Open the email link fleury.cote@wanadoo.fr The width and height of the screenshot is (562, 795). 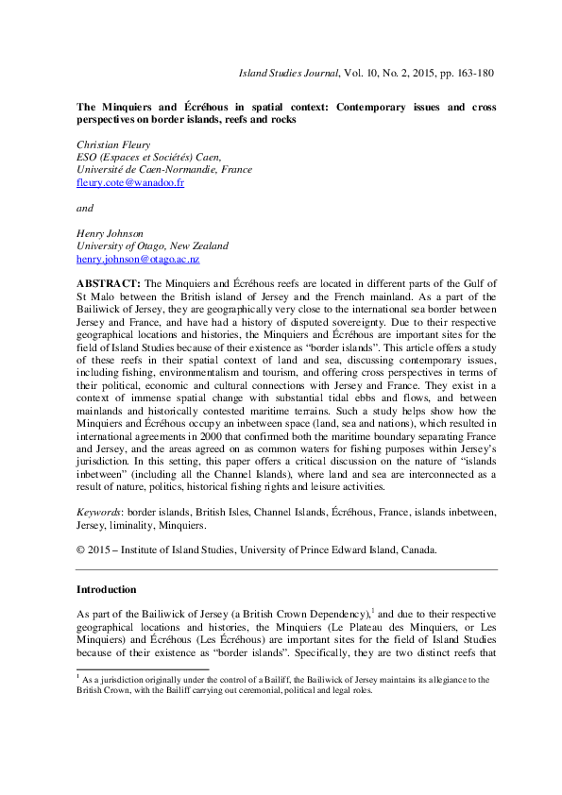click(x=129, y=182)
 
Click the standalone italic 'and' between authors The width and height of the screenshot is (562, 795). click(x=84, y=208)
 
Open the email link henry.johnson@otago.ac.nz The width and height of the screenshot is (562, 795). click(x=137, y=259)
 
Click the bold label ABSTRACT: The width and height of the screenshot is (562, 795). click(x=109, y=283)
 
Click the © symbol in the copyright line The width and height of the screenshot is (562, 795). click(x=80, y=550)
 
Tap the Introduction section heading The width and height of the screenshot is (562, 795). click(x=106, y=590)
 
